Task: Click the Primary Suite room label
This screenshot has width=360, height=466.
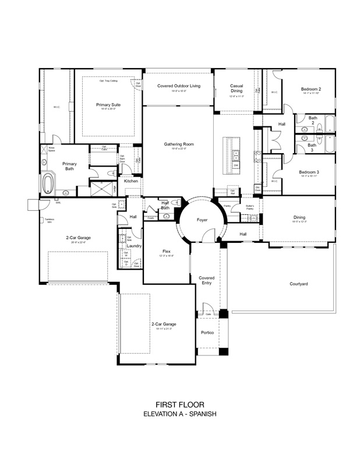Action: (108, 105)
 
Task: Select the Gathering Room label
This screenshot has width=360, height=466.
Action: (178, 144)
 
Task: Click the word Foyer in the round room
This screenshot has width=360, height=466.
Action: (202, 220)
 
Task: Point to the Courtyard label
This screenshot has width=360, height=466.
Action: (298, 284)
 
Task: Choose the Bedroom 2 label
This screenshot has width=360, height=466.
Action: (311, 89)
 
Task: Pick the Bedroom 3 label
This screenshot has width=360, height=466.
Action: (309, 172)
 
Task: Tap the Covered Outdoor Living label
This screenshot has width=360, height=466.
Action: (178, 86)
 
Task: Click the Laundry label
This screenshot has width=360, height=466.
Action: (134, 246)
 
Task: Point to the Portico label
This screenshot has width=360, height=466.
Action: (207, 333)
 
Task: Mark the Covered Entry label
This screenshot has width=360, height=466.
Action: (207, 280)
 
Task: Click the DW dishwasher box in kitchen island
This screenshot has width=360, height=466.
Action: (237, 165)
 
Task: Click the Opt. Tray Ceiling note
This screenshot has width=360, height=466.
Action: (108, 80)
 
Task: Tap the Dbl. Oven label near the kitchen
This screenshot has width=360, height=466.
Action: (257, 189)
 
